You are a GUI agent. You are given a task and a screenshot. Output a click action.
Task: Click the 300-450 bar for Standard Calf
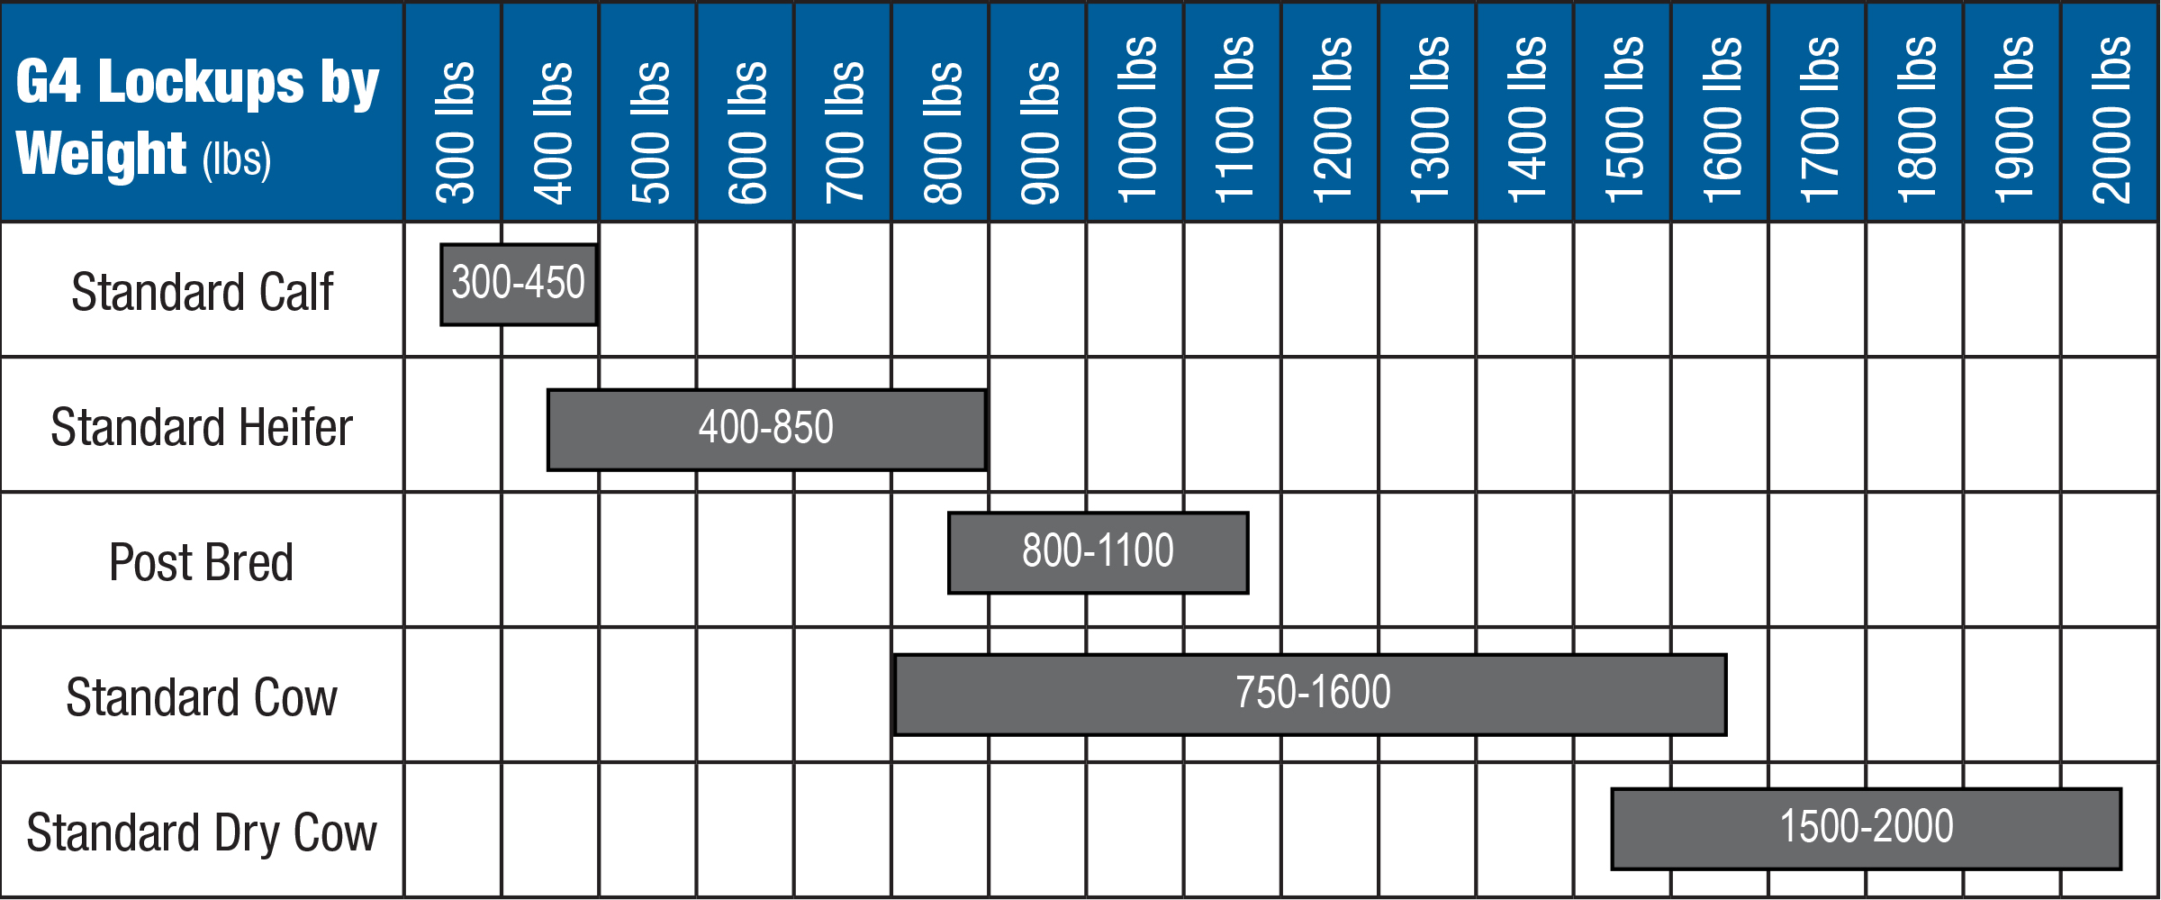[x=519, y=284]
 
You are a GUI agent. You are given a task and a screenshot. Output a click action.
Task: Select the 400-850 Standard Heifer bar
[x=766, y=429]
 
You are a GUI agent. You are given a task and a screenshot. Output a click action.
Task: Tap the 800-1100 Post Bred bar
[x=1098, y=552]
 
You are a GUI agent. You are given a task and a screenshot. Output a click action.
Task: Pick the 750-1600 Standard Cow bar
[x=1310, y=694]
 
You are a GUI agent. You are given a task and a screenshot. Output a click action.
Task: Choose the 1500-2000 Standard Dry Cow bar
[x=1866, y=828]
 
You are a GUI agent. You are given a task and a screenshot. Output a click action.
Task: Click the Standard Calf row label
[x=202, y=292]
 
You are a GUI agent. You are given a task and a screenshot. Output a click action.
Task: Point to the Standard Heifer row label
[x=202, y=427]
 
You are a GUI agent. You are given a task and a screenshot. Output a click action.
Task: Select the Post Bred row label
[x=202, y=562]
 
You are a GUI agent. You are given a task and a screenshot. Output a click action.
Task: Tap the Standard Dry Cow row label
[x=202, y=832]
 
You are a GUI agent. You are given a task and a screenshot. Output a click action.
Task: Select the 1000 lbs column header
[x=1136, y=119]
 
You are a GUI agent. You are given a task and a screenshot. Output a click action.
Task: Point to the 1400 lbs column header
[x=1526, y=119]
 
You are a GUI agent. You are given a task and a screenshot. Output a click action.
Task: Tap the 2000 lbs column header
[x=2111, y=119]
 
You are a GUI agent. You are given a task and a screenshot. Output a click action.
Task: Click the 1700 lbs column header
[x=1818, y=119]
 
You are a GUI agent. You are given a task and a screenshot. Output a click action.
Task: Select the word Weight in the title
[x=101, y=154]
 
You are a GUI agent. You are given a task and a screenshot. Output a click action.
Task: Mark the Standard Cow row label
[x=202, y=697]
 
